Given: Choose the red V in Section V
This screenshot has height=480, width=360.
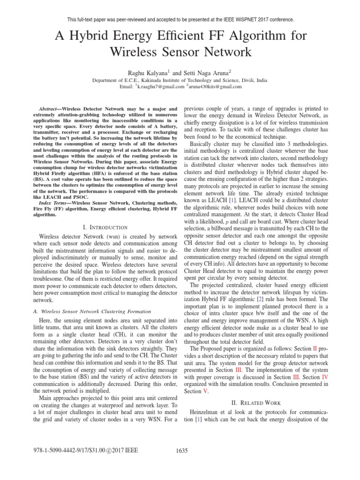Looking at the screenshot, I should (x=199, y=391).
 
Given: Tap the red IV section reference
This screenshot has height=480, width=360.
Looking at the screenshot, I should (x=324, y=377).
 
